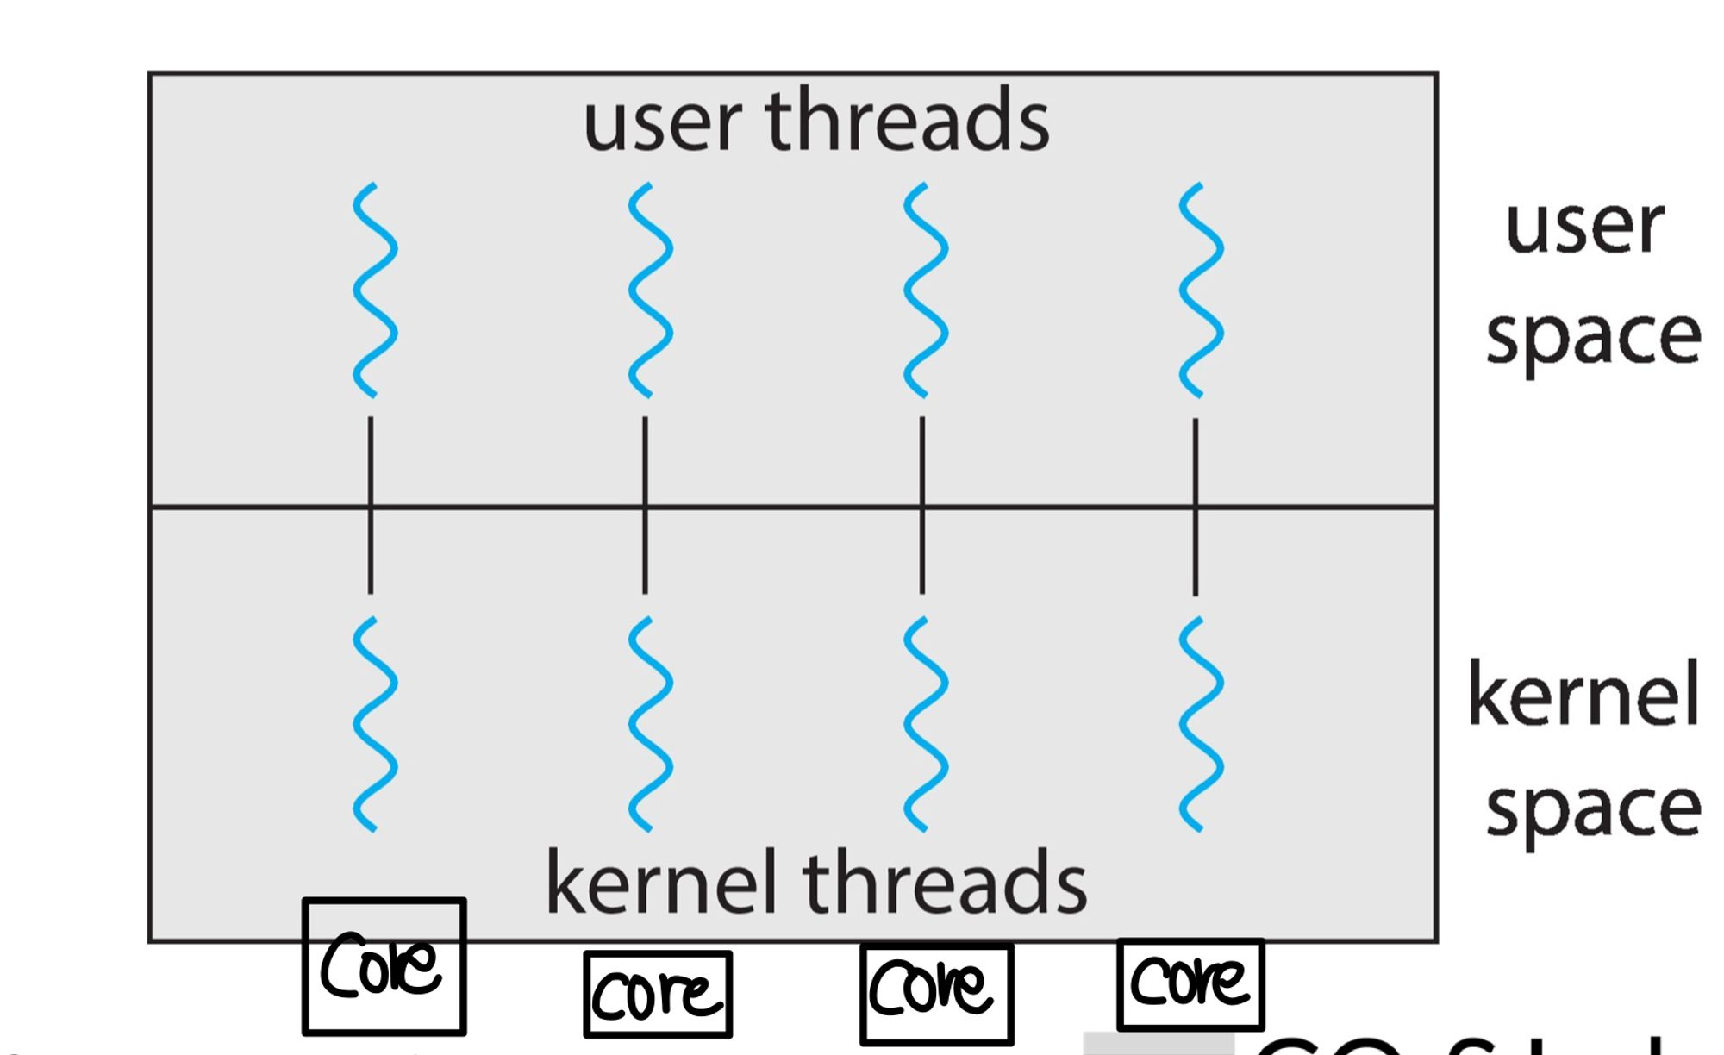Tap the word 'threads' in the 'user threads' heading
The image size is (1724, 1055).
pos(907,120)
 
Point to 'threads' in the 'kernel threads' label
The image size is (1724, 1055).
pos(945,883)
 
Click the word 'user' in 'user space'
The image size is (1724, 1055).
pos(1584,228)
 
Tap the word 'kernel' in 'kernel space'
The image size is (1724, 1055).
pos(1583,695)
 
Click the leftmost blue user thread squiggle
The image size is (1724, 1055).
pos(374,290)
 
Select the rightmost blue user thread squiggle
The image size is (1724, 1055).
pos(1201,290)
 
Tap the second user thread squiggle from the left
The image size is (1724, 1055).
pos(650,290)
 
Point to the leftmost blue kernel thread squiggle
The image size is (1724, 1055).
pos(374,724)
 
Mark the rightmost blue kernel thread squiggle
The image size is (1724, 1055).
pos(1201,724)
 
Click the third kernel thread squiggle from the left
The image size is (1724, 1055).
pos(926,724)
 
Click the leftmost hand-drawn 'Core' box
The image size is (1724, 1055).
pos(384,966)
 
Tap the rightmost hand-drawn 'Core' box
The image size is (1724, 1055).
pos(1190,983)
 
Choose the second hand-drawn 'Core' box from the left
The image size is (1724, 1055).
pos(658,994)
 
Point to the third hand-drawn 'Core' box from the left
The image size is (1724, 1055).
pos(936,993)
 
